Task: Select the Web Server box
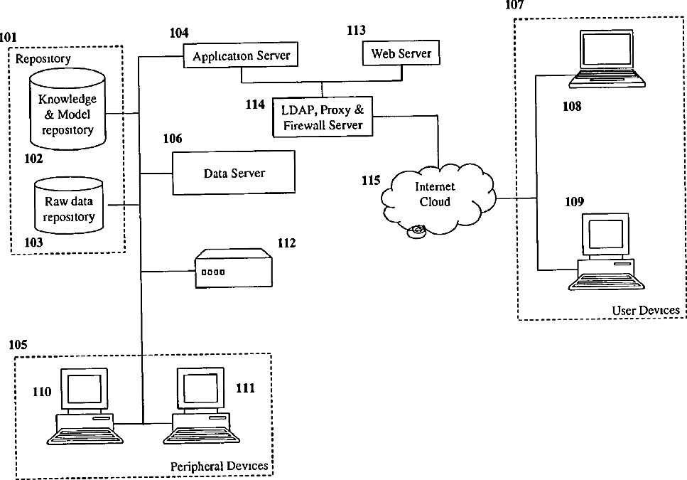point(401,53)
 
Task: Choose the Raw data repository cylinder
point(68,208)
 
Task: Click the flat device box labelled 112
point(234,268)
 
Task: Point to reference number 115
point(371,181)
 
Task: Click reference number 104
point(178,33)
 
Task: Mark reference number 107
point(514,5)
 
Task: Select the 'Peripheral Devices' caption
point(219,466)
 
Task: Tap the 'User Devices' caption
point(645,310)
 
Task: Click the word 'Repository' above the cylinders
point(43,58)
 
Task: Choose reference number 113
point(356,30)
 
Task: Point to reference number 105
point(18,345)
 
